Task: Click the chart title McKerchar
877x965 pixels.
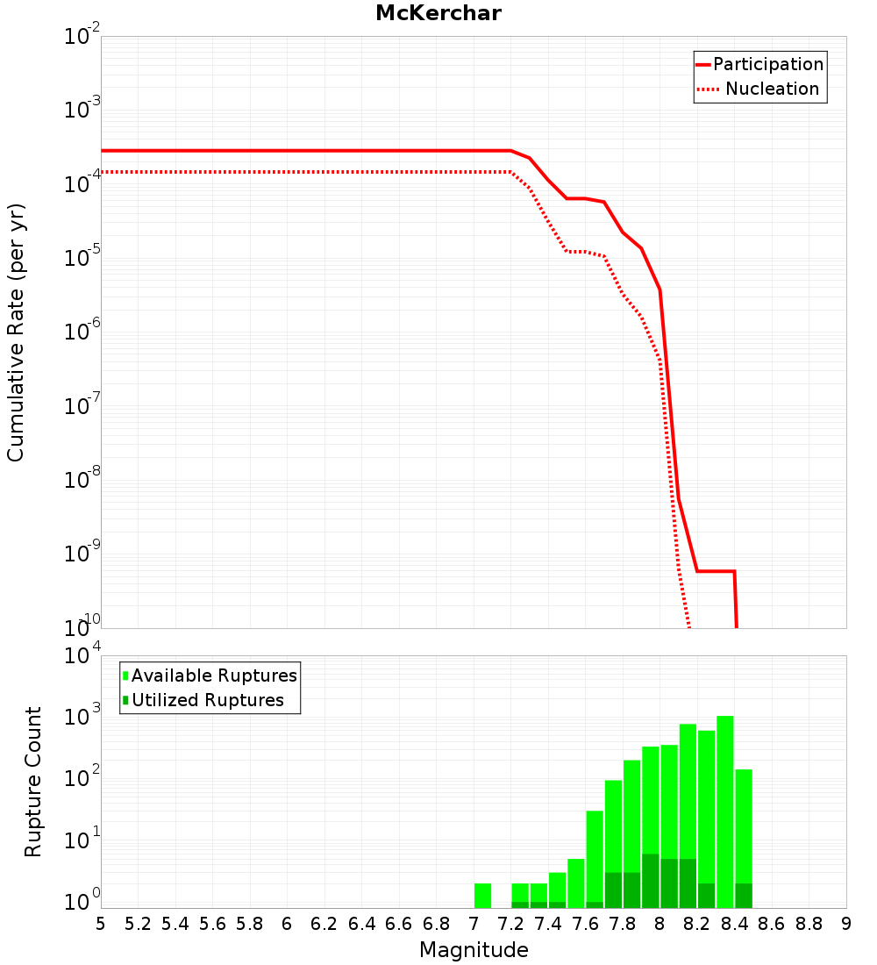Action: (x=438, y=13)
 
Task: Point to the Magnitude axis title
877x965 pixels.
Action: (x=473, y=950)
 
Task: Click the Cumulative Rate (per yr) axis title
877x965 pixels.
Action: (x=16, y=332)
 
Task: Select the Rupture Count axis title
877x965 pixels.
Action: (x=33, y=781)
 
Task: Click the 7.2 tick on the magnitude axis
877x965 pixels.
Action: (x=510, y=924)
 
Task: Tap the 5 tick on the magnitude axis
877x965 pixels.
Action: (x=101, y=924)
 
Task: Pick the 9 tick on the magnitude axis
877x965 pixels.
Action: (x=845, y=924)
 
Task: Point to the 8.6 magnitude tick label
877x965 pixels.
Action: (x=772, y=924)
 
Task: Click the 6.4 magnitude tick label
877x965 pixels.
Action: (x=361, y=924)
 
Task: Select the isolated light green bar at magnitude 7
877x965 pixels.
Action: (x=482, y=895)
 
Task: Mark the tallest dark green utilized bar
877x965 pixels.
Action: (x=651, y=880)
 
